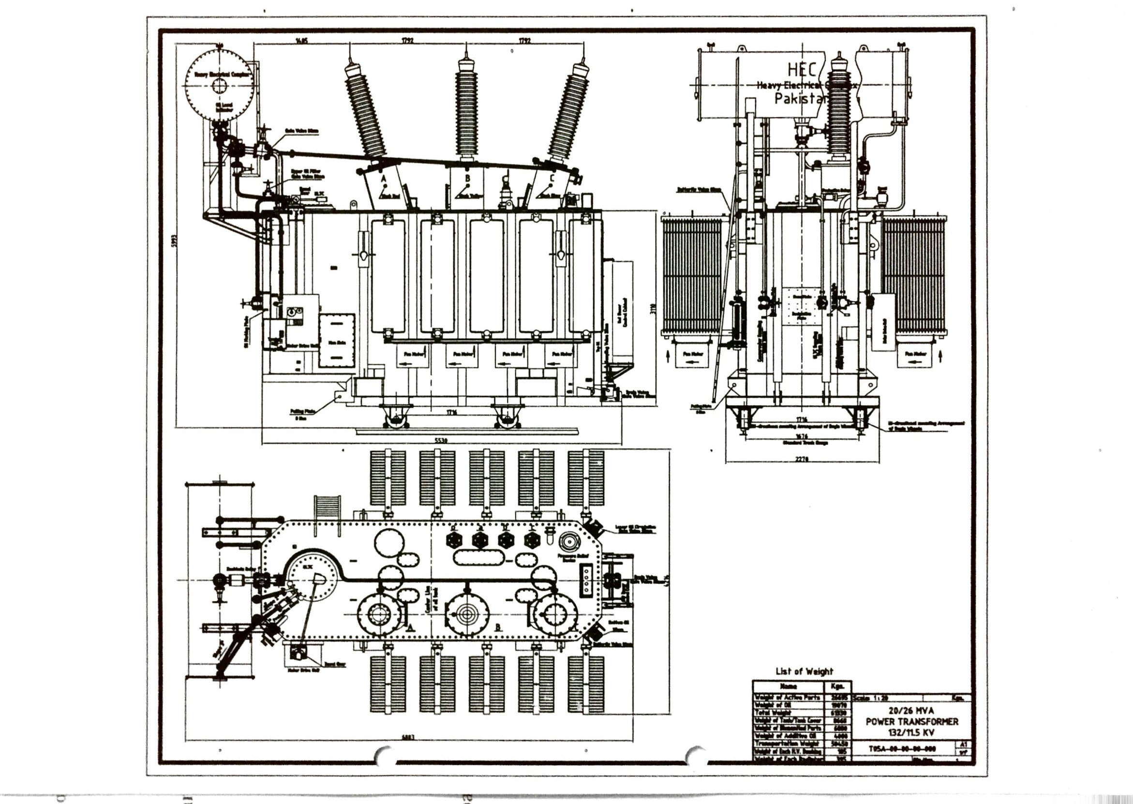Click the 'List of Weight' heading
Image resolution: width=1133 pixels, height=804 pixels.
[804, 671]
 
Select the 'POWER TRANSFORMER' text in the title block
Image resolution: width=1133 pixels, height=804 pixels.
[912, 721]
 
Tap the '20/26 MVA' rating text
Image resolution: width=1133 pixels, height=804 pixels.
[912, 711]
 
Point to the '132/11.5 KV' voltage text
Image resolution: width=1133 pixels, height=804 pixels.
[912, 732]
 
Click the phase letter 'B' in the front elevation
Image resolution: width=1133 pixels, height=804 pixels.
[467, 178]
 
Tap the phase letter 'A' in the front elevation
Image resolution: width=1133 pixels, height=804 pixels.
[384, 178]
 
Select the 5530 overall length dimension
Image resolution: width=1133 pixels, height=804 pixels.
[440, 441]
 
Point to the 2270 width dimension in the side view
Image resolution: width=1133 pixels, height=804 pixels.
[802, 459]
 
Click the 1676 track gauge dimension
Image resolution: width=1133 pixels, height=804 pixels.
[802, 437]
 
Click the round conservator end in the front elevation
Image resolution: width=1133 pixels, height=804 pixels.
[219, 85]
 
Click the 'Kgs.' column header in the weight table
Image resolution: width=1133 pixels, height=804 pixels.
[837, 686]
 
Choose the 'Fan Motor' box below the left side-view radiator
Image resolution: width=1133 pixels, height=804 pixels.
[692, 354]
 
